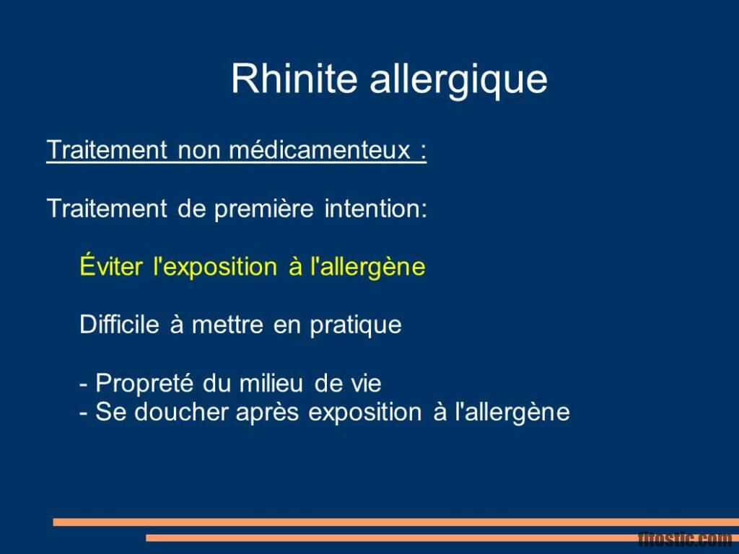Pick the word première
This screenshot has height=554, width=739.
[x=263, y=209]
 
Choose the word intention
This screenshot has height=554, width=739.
[x=375, y=209]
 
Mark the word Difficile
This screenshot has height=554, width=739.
[x=119, y=325]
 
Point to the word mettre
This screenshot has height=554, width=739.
[x=228, y=325]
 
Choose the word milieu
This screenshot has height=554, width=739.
[x=271, y=383]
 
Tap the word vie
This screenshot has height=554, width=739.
[x=365, y=383]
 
